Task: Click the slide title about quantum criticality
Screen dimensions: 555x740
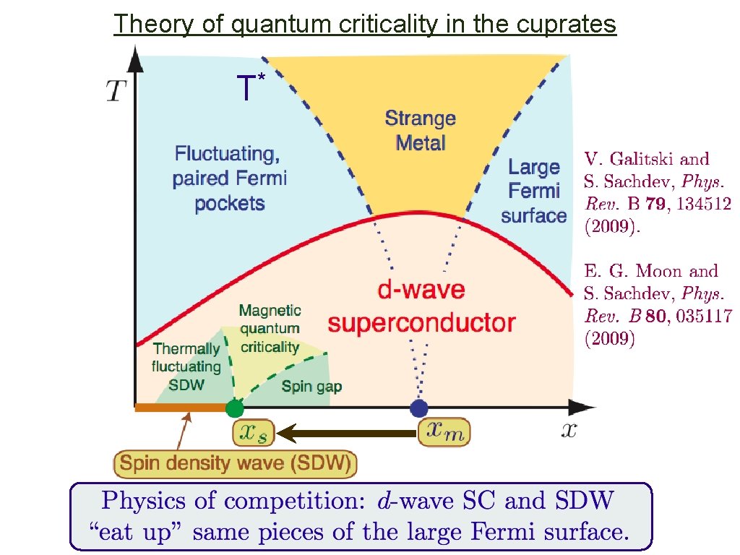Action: pyautogui.click(x=365, y=24)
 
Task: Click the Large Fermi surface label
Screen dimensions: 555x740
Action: pyautogui.click(x=533, y=191)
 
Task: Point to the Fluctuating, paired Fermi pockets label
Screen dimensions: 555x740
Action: pyautogui.click(x=229, y=178)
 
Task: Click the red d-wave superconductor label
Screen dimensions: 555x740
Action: pyautogui.click(x=421, y=306)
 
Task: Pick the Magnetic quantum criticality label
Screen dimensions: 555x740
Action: pyautogui.click(x=270, y=328)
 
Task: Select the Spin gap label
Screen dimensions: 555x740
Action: pyautogui.click(x=311, y=386)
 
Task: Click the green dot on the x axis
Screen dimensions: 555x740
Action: pyautogui.click(x=234, y=408)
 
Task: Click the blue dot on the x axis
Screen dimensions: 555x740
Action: pyautogui.click(x=418, y=408)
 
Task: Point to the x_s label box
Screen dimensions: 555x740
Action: pyautogui.click(x=253, y=432)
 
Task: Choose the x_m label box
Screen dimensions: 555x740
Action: pyautogui.click(x=444, y=432)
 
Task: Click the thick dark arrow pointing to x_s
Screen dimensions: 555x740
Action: pyautogui.click(x=347, y=434)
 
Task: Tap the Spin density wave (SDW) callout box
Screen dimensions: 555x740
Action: pyautogui.click(x=236, y=462)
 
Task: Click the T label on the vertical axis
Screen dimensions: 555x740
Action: pyautogui.click(x=116, y=92)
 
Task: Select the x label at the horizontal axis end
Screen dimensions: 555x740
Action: pyautogui.click(x=569, y=431)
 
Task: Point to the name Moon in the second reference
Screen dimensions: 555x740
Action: pyautogui.click(x=657, y=272)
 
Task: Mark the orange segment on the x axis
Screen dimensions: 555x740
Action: pyautogui.click(x=181, y=408)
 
